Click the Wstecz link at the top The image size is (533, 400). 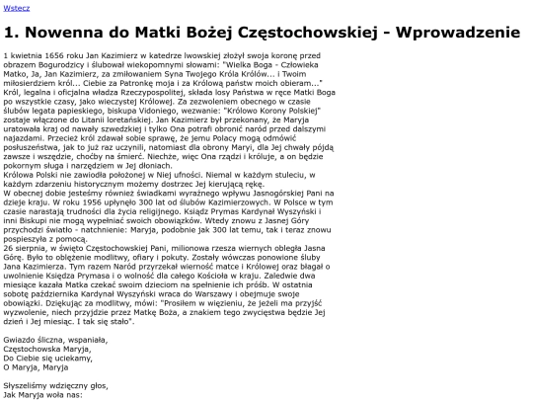tap(16, 7)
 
